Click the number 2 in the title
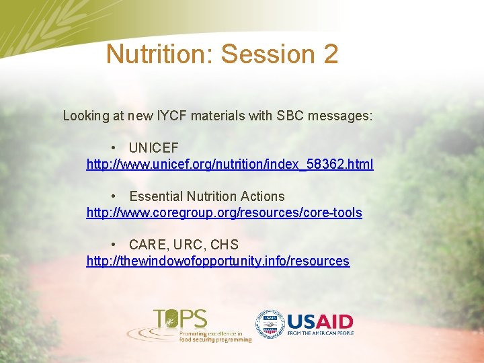click(x=329, y=54)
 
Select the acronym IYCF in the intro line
click(x=171, y=116)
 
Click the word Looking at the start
click(x=85, y=116)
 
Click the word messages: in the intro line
click(x=339, y=116)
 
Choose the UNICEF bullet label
click(x=154, y=148)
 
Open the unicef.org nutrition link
click(x=230, y=164)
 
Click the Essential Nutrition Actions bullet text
click(x=206, y=196)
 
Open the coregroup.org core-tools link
click(x=224, y=212)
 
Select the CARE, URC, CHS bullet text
click(x=184, y=245)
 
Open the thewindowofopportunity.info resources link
click(x=218, y=261)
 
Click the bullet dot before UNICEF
click(x=116, y=148)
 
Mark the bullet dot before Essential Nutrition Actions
click(x=116, y=196)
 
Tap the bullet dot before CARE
click(x=116, y=245)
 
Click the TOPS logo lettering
click(x=180, y=318)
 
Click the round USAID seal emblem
click(x=270, y=325)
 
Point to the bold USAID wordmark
click(x=320, y=321)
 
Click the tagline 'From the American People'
click(x=320, y=333)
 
